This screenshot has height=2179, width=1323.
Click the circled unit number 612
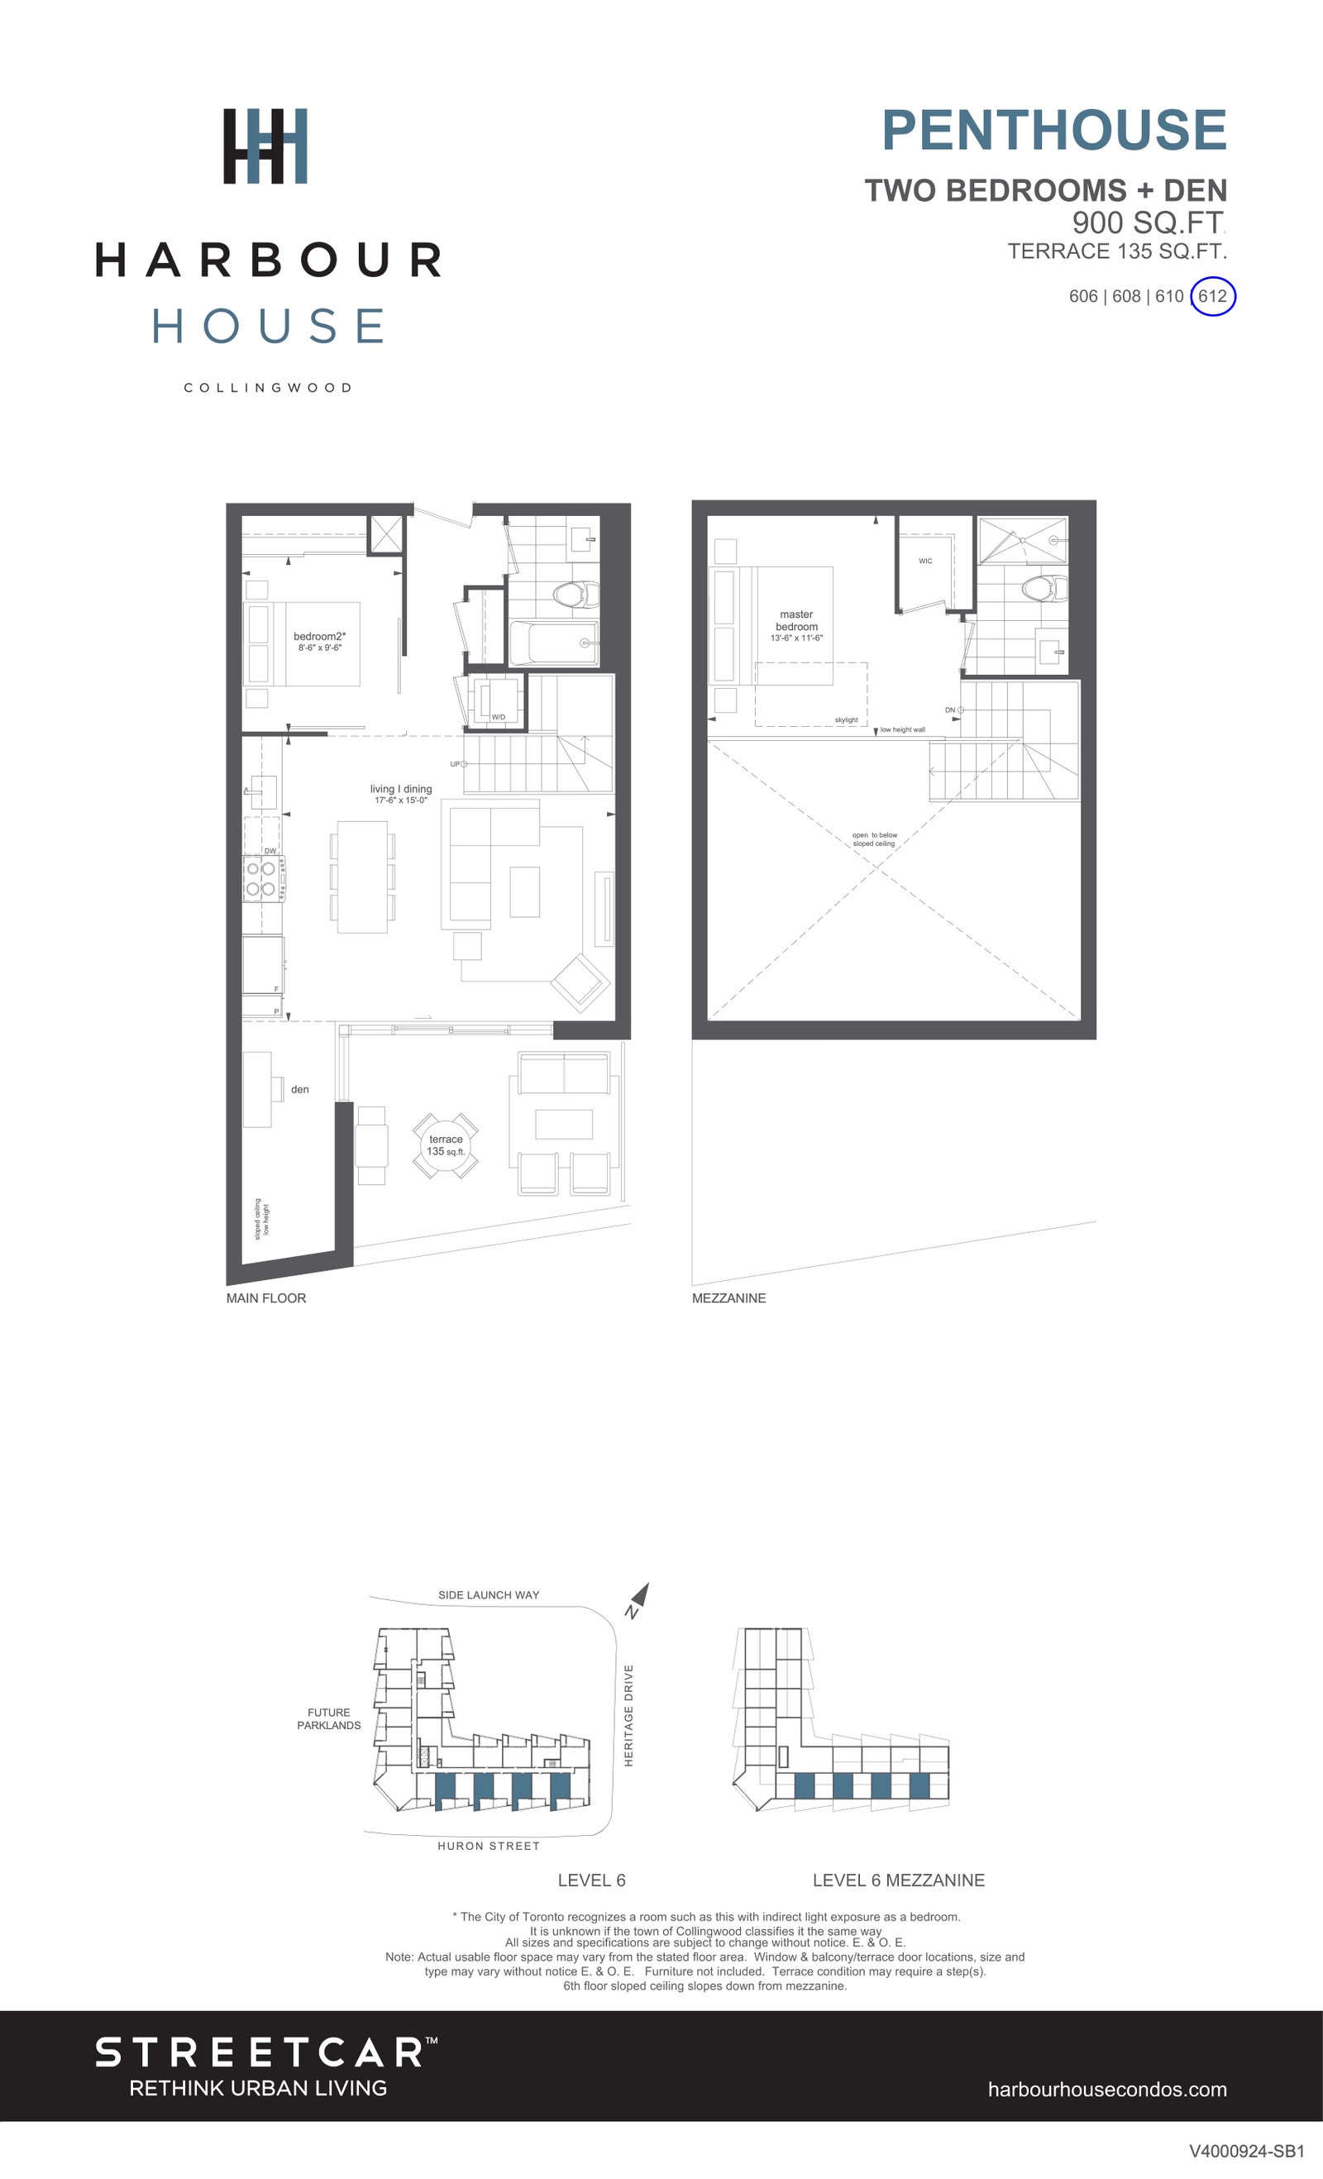(x=1212, y=296)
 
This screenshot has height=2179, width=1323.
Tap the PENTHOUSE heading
(x=1054, y=130)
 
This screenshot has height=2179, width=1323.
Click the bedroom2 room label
(x=319, y=637)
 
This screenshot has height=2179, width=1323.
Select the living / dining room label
(x=400, y=789)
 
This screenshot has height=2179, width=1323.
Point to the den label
(x=300, y=1090)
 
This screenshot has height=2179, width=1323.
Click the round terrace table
(x=446, y=1145)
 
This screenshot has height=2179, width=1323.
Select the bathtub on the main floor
(x=555, y=643)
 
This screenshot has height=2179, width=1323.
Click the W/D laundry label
(x=499, y=716)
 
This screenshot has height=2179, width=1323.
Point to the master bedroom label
(x=796, y=620)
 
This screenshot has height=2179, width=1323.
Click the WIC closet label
(x=925, y=561)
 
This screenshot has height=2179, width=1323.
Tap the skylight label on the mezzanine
(x=847, y=719)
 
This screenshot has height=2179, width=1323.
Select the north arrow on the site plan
(x=639, y=1597)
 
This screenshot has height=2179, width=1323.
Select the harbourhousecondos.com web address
(x=1107, y=2090)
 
